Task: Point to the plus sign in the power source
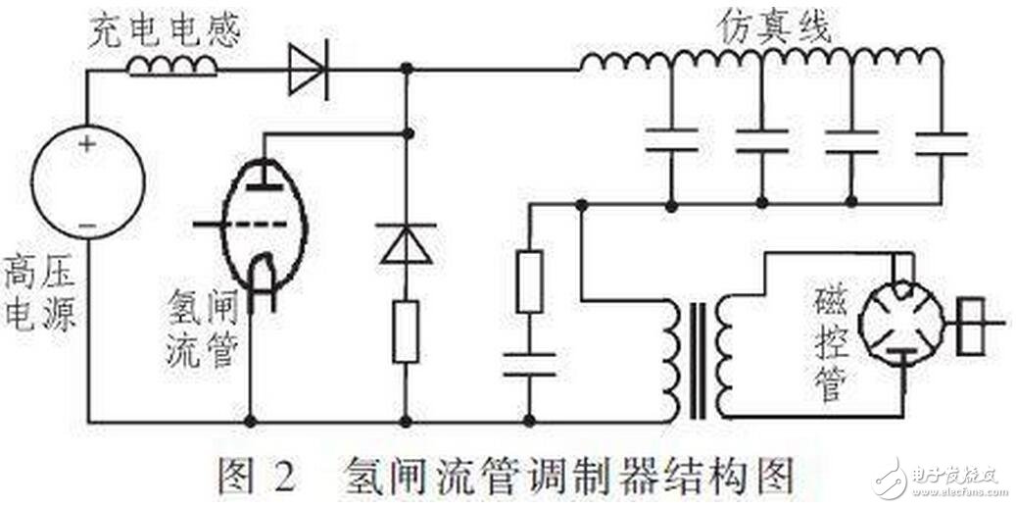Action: click(88, 144)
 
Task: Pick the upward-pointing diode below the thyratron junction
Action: click(406, 242)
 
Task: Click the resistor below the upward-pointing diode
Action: click(406, 332)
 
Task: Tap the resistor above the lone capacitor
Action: click(529, 282)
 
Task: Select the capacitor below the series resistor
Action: click(529, 364)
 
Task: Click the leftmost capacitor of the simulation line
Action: click(671, 139)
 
